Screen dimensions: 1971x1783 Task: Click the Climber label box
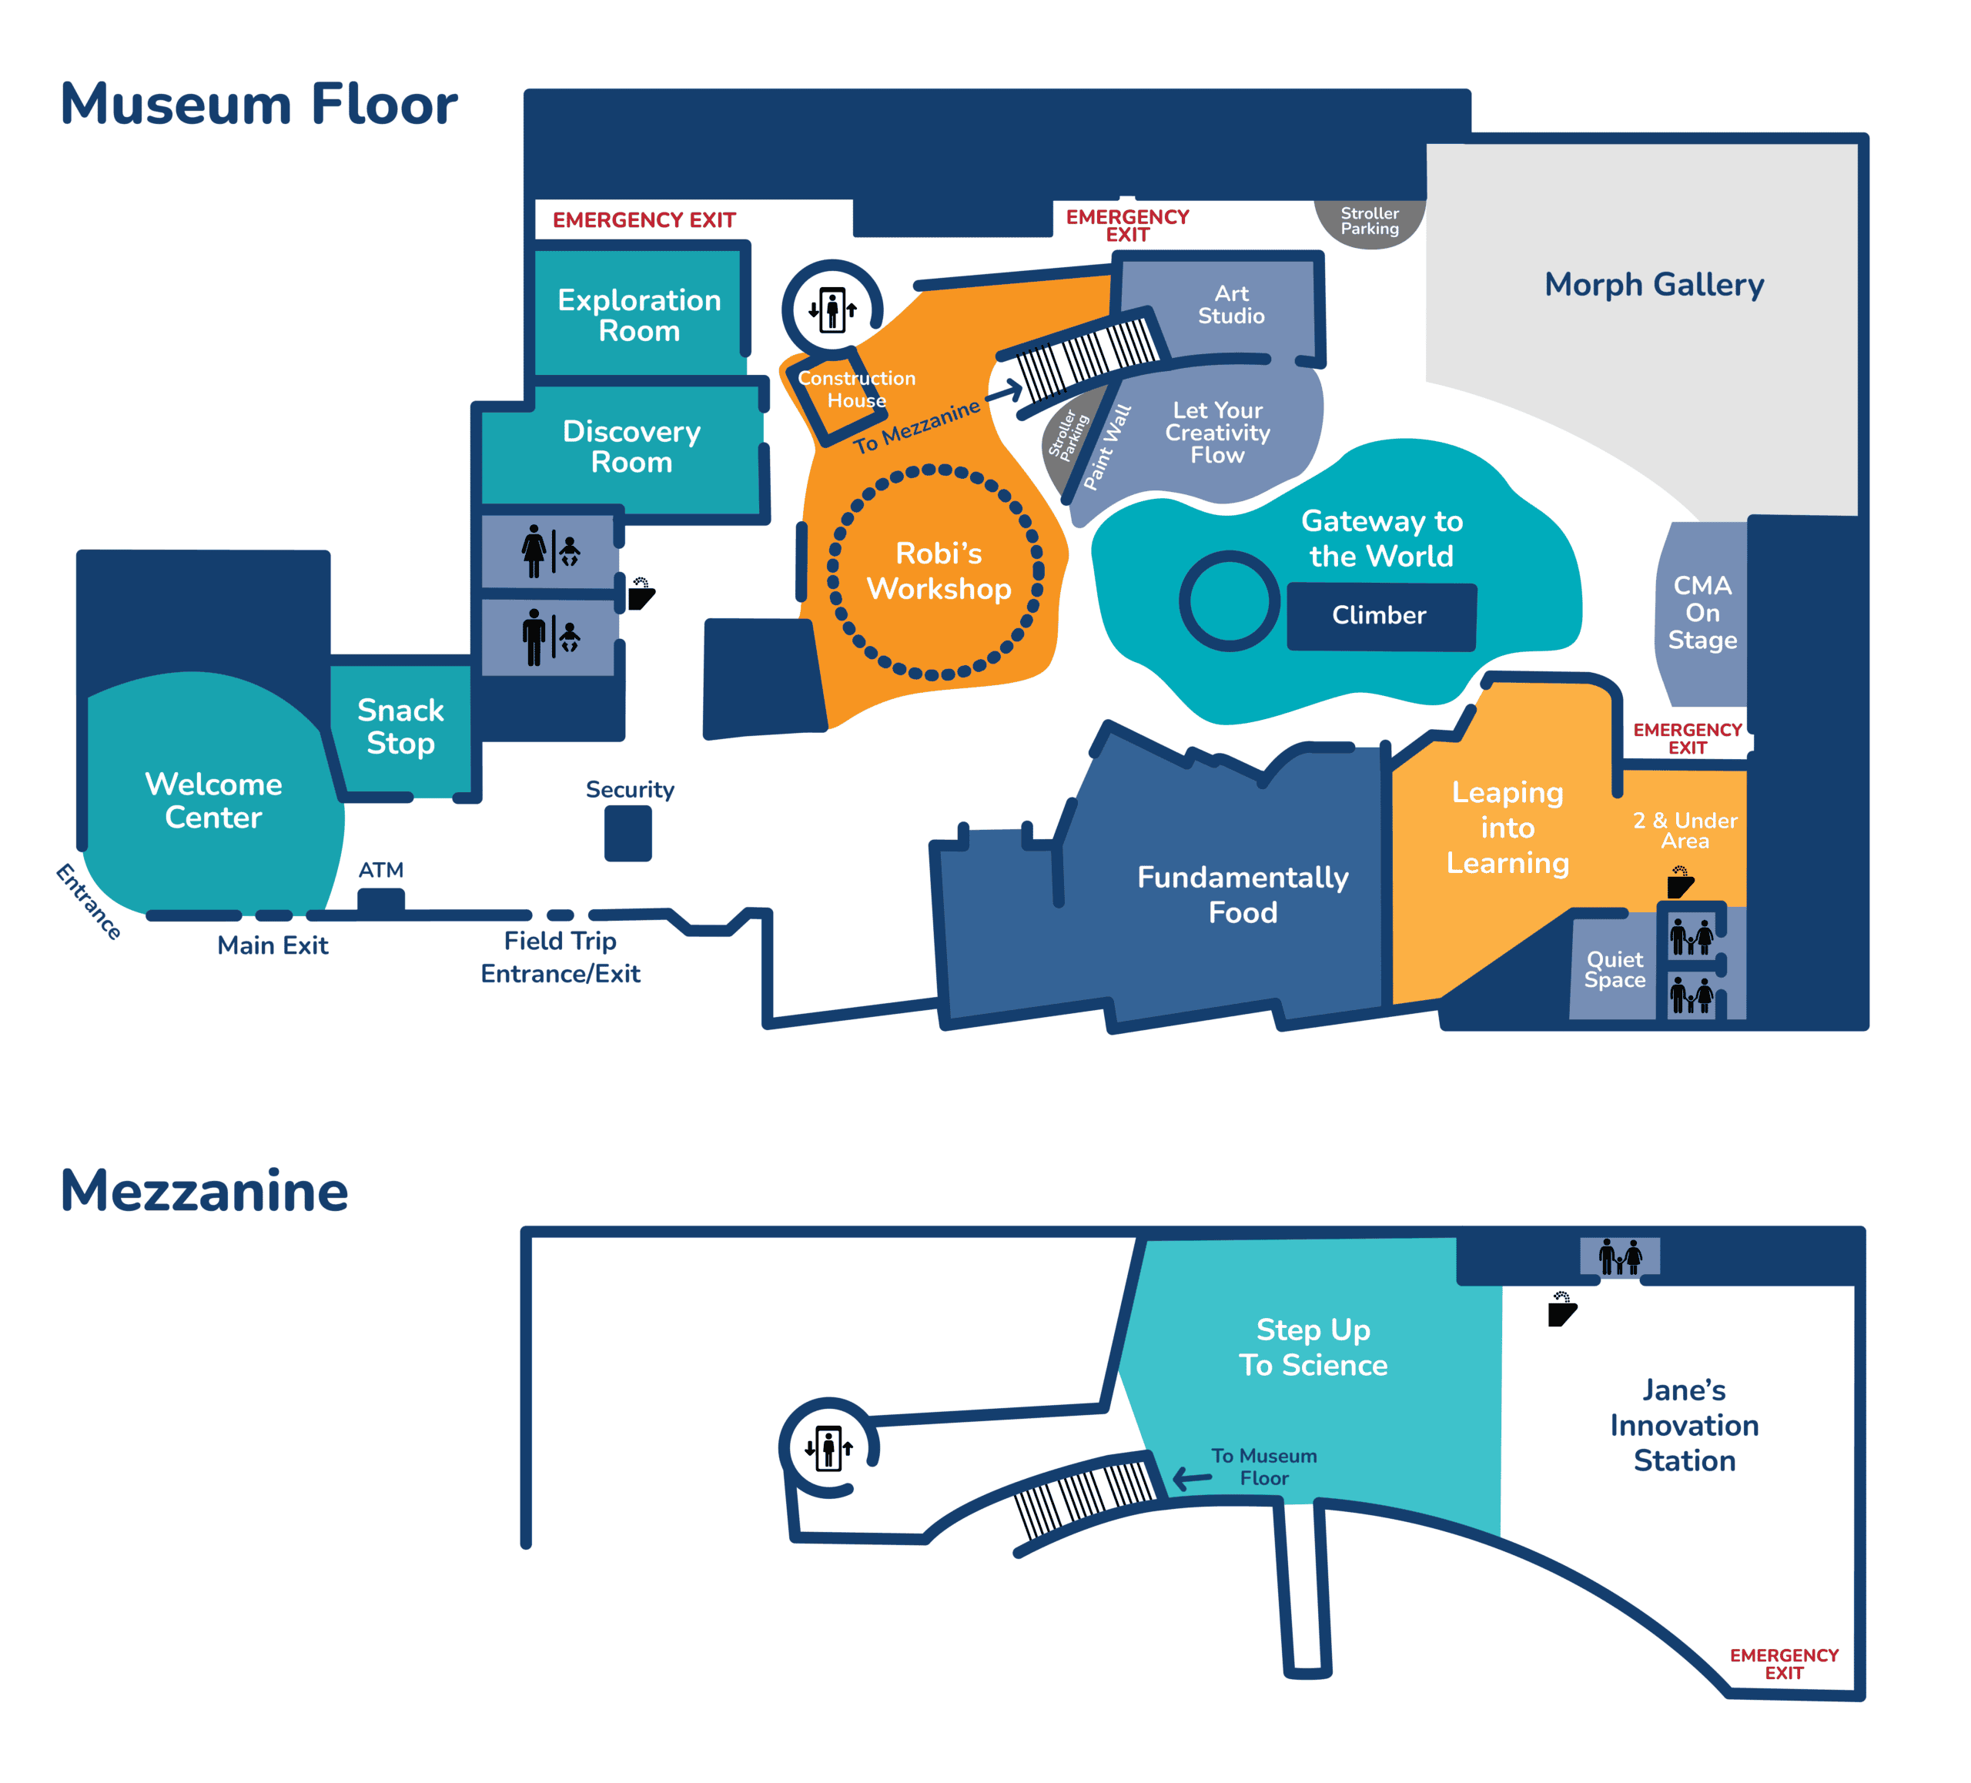[x=1380, y=617]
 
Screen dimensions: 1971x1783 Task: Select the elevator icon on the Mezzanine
[x=829, y=1447]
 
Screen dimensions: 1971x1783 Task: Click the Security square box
[x=627, y=833]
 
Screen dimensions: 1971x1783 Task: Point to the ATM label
[x=381, y=869]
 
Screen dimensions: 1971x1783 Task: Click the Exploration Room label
[x=639, y=315]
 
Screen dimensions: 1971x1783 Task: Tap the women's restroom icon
[x=551, y=551]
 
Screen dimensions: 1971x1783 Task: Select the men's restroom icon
[x=551, y=637]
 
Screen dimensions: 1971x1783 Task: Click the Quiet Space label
[x=1615, y=968]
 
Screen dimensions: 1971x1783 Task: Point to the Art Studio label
[x=1232, y=304]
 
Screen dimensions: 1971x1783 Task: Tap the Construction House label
[x=856, y=389]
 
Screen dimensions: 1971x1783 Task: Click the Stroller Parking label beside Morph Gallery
[x=1370, y=221]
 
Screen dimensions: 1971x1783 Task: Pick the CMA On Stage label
[x=1702, y=613]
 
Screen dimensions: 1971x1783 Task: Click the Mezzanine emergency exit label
[x=1784, y=1664]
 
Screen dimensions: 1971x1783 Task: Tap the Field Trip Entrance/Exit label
[x=561, y=957]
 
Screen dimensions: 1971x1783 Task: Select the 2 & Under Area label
[x=1685, y=830]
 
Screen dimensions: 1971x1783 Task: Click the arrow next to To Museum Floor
[x=1192, y=1478]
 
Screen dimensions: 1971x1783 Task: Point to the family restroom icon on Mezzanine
[x=1620, y=1257]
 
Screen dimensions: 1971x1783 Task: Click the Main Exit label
[x=273, y=945]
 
